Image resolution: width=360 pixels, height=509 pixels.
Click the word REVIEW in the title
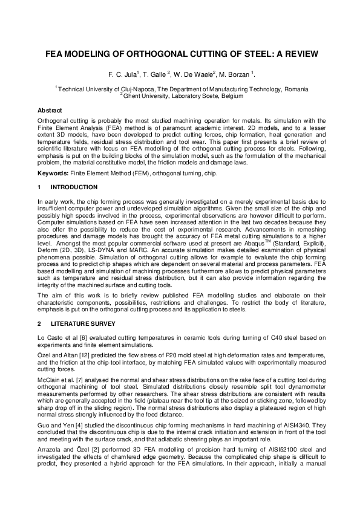295,54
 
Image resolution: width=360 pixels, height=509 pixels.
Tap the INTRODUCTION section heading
74,187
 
